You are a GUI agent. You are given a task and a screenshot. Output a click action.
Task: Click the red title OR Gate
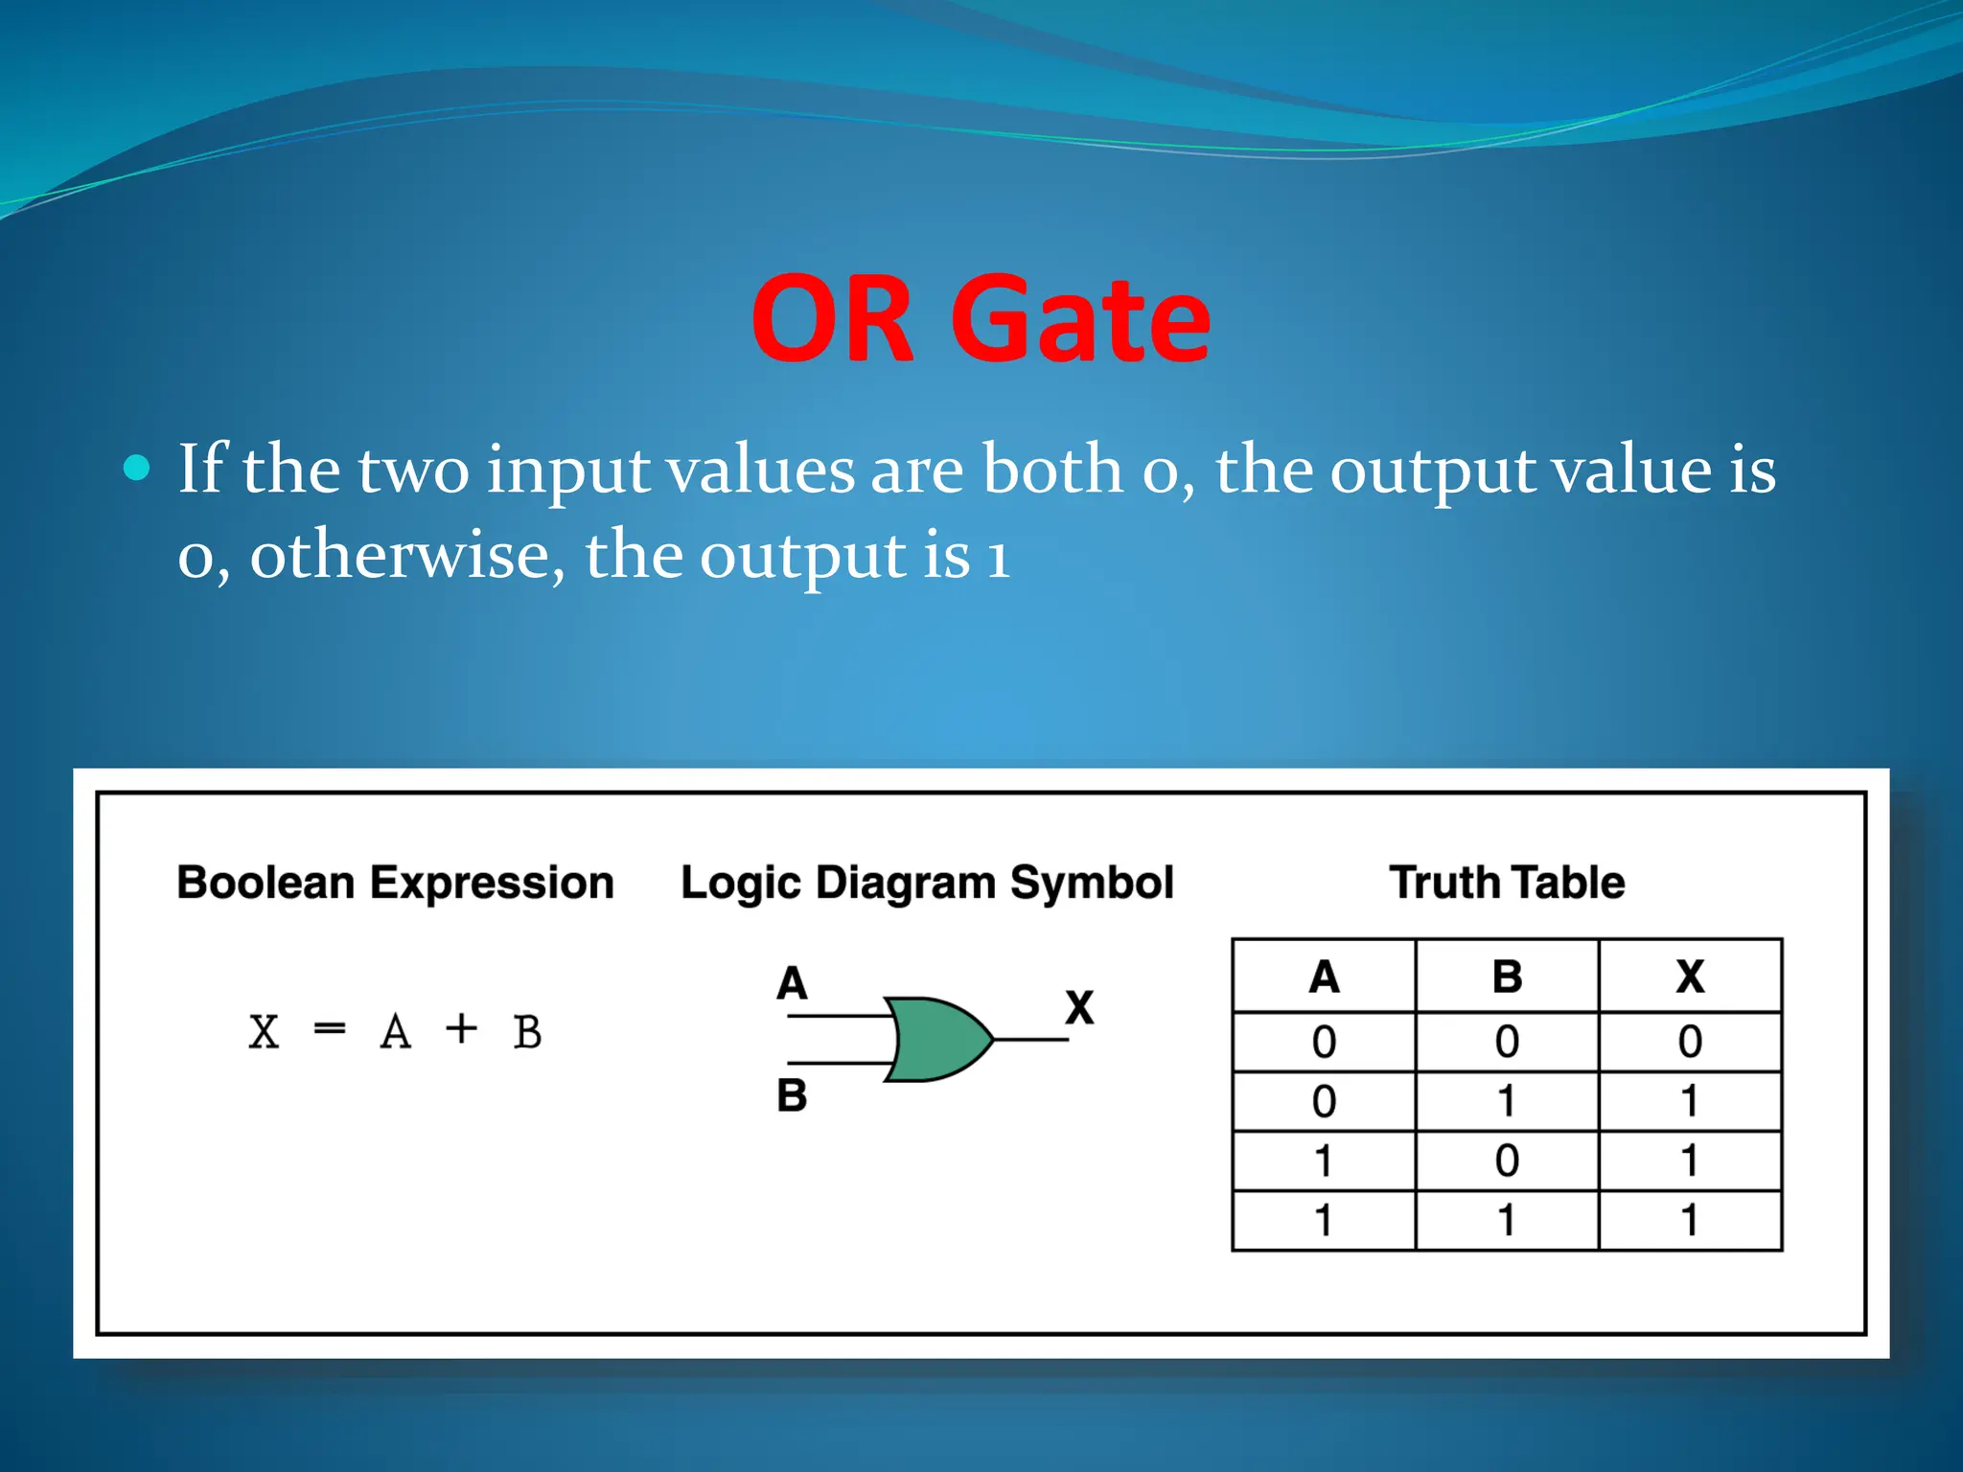[980, 319]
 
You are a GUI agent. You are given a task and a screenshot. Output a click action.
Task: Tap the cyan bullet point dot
[138, 468]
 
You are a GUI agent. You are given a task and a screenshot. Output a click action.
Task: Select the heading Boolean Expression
[395, 883]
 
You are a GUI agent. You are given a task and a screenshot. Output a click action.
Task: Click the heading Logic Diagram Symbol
[927, 883]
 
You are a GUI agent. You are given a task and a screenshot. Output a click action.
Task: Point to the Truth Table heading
[1507, 883]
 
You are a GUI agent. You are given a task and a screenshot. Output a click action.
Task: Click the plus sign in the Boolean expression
[461, 1029]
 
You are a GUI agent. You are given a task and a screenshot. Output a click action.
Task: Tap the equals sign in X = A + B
[329, 1030]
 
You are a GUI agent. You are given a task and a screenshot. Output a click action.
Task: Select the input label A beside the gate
[792, 983]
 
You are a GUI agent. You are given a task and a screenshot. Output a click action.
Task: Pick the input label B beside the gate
[792, 1095]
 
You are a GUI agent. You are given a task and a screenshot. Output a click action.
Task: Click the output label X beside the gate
[1079, 1008]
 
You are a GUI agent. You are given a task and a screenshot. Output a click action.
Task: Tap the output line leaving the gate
[1031, 1040]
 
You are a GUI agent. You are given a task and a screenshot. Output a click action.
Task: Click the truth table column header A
[1324, 977]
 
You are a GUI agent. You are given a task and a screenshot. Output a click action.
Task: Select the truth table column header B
[1507, 977]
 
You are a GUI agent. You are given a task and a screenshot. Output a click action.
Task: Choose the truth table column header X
[1690, 977]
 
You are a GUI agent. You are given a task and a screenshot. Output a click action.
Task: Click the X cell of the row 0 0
[1690, 1042]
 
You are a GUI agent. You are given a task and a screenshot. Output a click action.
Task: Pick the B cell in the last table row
[1507, 1221]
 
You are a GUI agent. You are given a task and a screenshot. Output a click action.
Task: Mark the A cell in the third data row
[1324, 1161]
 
